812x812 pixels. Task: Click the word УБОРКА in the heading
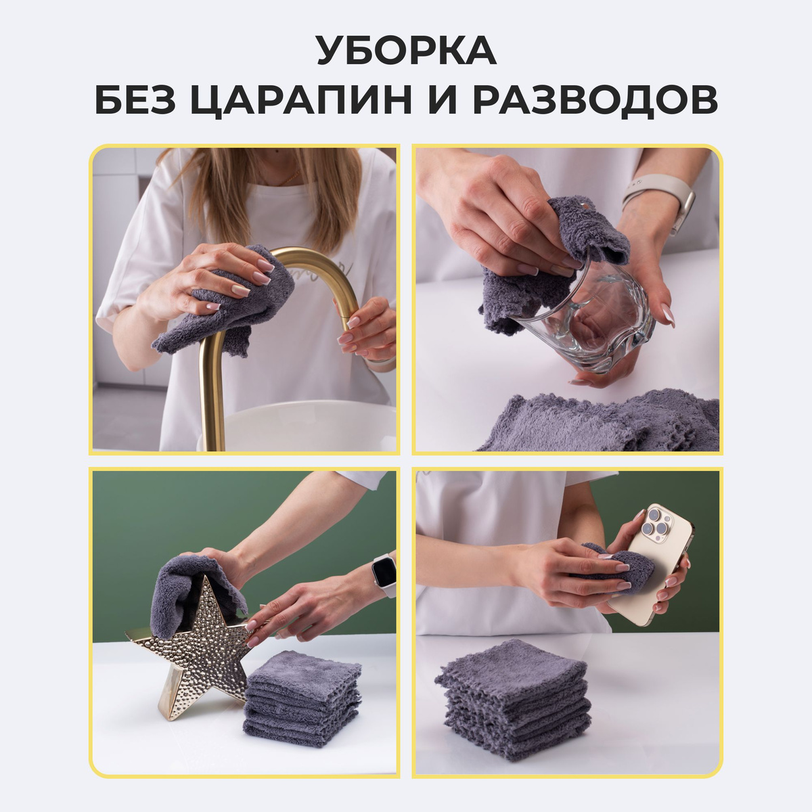coord(406,50)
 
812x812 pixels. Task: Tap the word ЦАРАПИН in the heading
coord(301,100)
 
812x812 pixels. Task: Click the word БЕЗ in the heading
coord(135,100)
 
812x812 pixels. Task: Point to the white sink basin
coord(303,426)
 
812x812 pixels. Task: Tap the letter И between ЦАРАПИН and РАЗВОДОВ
coord(442,100)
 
